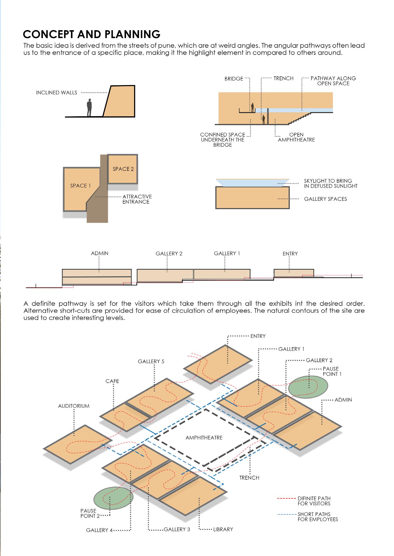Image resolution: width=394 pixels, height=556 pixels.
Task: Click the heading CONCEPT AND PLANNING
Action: tap(92, 34)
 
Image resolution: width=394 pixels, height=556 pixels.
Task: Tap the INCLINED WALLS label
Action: tap(57, 93)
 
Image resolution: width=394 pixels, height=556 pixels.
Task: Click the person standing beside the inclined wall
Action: tap(90, 108)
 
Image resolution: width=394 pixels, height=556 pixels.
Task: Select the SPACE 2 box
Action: tap(123, 169)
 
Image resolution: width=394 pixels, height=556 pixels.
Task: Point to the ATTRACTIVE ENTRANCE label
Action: tap(137, 199)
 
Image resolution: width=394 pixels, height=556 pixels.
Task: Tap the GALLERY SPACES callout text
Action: tap(325, 199)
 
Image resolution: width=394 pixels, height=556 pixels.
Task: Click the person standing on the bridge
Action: tap(252, 107)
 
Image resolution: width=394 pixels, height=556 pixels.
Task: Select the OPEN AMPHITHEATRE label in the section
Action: tap(296, 137)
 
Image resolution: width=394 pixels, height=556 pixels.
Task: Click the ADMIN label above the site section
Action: tap(100, 253)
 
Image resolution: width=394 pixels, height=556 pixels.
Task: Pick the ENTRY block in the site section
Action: tap(293, 273)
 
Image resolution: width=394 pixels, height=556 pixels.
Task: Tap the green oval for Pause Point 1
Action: tap(308, 387)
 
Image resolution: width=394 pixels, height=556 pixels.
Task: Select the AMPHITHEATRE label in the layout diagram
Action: tap(204, 438)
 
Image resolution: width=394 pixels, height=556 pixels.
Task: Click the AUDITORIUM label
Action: tap(74, 406)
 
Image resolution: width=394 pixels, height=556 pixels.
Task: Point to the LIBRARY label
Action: tap(223, 529)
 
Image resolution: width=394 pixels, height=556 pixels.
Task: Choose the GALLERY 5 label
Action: tap(151, 361)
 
